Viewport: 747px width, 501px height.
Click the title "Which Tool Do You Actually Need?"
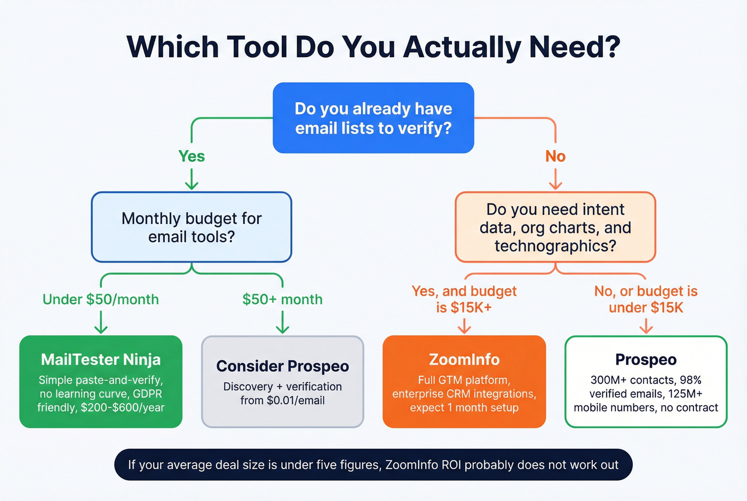pyautogui.click(x=373, y=47)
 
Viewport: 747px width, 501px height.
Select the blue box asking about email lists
pyautogui.click(x=373, y=118)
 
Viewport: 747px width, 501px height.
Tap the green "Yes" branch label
pyautogui.click(x=192, y=156)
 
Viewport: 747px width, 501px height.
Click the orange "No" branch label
pyautogui.click(x=555, y=156)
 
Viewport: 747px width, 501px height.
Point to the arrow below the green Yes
pyautogui.click(x=192, y=179)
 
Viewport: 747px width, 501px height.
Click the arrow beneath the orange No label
pyautogui.click(x=555, y=179)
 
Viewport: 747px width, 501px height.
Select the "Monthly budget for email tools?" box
pyautogui.click(x=192, y=227)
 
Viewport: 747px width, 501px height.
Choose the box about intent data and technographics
pyautogui.click(x=555, y=227)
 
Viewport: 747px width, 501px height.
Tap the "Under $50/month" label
pyautogui.click(x=101, y=299)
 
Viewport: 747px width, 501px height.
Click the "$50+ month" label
pyautogui.click(x=282, y=299)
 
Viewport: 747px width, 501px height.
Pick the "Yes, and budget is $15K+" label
pyautogui.click(x=464, y=299)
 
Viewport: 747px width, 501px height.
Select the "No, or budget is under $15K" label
pyautogui.click(x=646, y=299)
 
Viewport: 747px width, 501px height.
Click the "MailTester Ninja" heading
pyautogui.click(x=101, y=360)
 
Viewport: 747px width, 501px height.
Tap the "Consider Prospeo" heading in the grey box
pyautogui.click(x=282, y=366)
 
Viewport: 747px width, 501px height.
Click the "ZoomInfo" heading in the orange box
pyautogui.click(x=464, y=360)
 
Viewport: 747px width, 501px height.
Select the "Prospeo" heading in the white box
pyautogui.click(x=646, y=360)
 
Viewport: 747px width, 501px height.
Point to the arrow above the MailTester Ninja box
pyautogui.click(x=101, y=323)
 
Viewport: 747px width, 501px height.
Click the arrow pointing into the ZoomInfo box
pyautogui.click(x=464, y=325)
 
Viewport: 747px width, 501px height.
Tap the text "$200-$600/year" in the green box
pyautogui.click(x=123, y=408)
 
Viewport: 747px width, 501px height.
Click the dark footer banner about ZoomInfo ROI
pyautogui.click(x=373, y=465)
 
